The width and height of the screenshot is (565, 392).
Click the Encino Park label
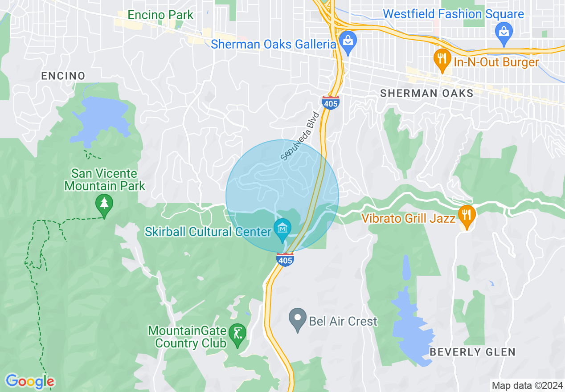(160, 15)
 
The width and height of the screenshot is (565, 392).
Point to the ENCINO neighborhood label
(63, 76)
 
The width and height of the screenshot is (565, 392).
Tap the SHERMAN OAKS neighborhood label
(426, 93)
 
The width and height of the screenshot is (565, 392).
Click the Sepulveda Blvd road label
(300, 135)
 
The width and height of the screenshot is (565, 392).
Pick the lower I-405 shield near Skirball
(285, 259)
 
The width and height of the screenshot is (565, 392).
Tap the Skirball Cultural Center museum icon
(282, 229)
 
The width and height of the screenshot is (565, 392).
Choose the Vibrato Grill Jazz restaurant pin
(467, 215)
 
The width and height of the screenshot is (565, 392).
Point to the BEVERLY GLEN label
(472, 352)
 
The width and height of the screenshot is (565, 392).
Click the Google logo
(30, 381)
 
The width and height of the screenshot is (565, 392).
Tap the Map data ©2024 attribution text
(527, 385)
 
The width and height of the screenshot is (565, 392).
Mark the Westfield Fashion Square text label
(453, 14)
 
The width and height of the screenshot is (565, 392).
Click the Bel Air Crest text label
(343, 321)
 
